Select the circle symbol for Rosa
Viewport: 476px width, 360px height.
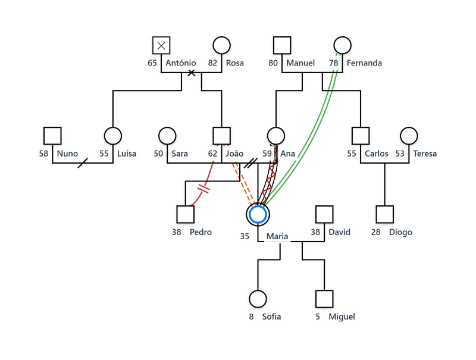(221, 45)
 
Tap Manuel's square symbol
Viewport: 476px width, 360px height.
(282, 45)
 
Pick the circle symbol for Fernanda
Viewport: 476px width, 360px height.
(342, 45)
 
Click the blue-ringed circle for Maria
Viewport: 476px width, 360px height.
(258, 214)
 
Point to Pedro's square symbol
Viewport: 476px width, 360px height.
(186, 214)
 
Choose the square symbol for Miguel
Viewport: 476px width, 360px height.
(324, 299)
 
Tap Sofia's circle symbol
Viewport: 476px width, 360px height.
(258, 299)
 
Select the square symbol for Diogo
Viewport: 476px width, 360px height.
(385, 214)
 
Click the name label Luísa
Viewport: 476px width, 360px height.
(126, 154)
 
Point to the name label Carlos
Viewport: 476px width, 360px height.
(376, 154)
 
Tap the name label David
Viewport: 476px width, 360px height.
(339, 232)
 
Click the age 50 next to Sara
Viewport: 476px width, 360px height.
(158, 154)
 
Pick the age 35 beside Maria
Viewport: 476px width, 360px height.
(245, 236)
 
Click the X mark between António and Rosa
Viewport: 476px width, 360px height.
(192, 73)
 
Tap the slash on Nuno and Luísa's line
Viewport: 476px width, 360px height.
(83, 162)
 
